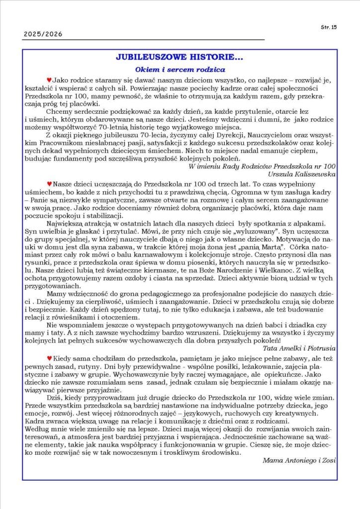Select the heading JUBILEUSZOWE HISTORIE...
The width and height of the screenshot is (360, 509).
point(179,58)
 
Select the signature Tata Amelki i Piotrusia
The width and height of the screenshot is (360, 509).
point(299,348)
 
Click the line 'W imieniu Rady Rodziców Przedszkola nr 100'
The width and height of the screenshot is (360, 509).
point(263,166)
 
